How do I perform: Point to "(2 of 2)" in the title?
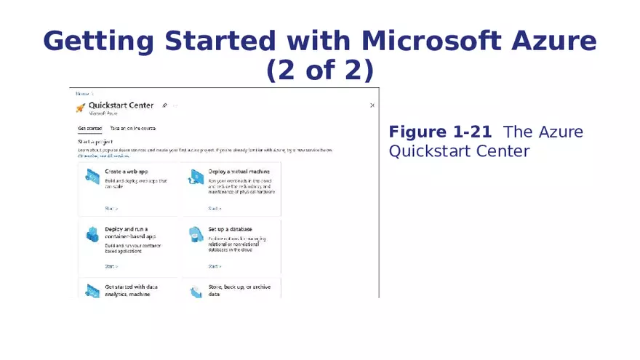tap(320, 71)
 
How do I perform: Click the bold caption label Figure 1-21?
tap(440, 132)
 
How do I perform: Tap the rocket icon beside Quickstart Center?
tap(81, 108)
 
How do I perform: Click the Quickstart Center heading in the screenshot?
tap(121, 105)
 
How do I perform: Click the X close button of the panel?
tap(372, 105)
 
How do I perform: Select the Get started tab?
tap(89, 128)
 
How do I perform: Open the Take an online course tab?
tap(133, 128)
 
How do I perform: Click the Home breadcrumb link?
tap(82, 93)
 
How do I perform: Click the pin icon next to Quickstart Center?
tap(164, 105)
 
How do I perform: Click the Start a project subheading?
tap(95, 141)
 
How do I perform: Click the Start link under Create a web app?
tap(111, 208)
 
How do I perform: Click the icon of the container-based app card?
tap(92, 235)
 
